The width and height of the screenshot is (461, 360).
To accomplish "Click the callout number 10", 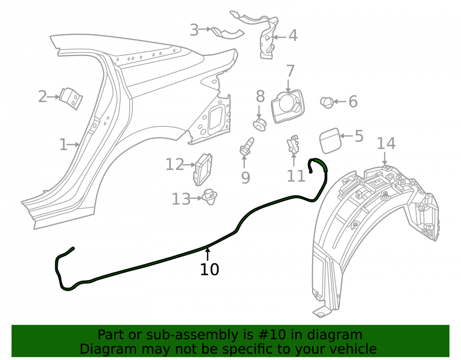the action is click(209, 270).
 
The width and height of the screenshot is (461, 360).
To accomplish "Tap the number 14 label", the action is click(386, 144).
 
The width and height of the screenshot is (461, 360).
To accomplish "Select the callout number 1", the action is click(63, 145).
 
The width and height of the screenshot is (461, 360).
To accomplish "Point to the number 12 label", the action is click(175, 165).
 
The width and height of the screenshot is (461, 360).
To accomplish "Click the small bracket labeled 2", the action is click(71, 99).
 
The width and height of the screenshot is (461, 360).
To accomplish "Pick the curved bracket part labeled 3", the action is click(228, 33).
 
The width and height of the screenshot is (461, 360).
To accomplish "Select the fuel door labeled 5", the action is click(330, 141).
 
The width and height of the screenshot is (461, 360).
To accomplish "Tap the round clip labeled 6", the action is click(327, 102).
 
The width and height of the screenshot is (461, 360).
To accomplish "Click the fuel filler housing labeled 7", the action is click(288, 106).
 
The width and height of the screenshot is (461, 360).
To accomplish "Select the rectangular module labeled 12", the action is click(202, 169).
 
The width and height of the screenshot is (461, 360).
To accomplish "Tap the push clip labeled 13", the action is click(210, 197).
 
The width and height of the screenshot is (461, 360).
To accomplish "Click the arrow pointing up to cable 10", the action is click(208, 254).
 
